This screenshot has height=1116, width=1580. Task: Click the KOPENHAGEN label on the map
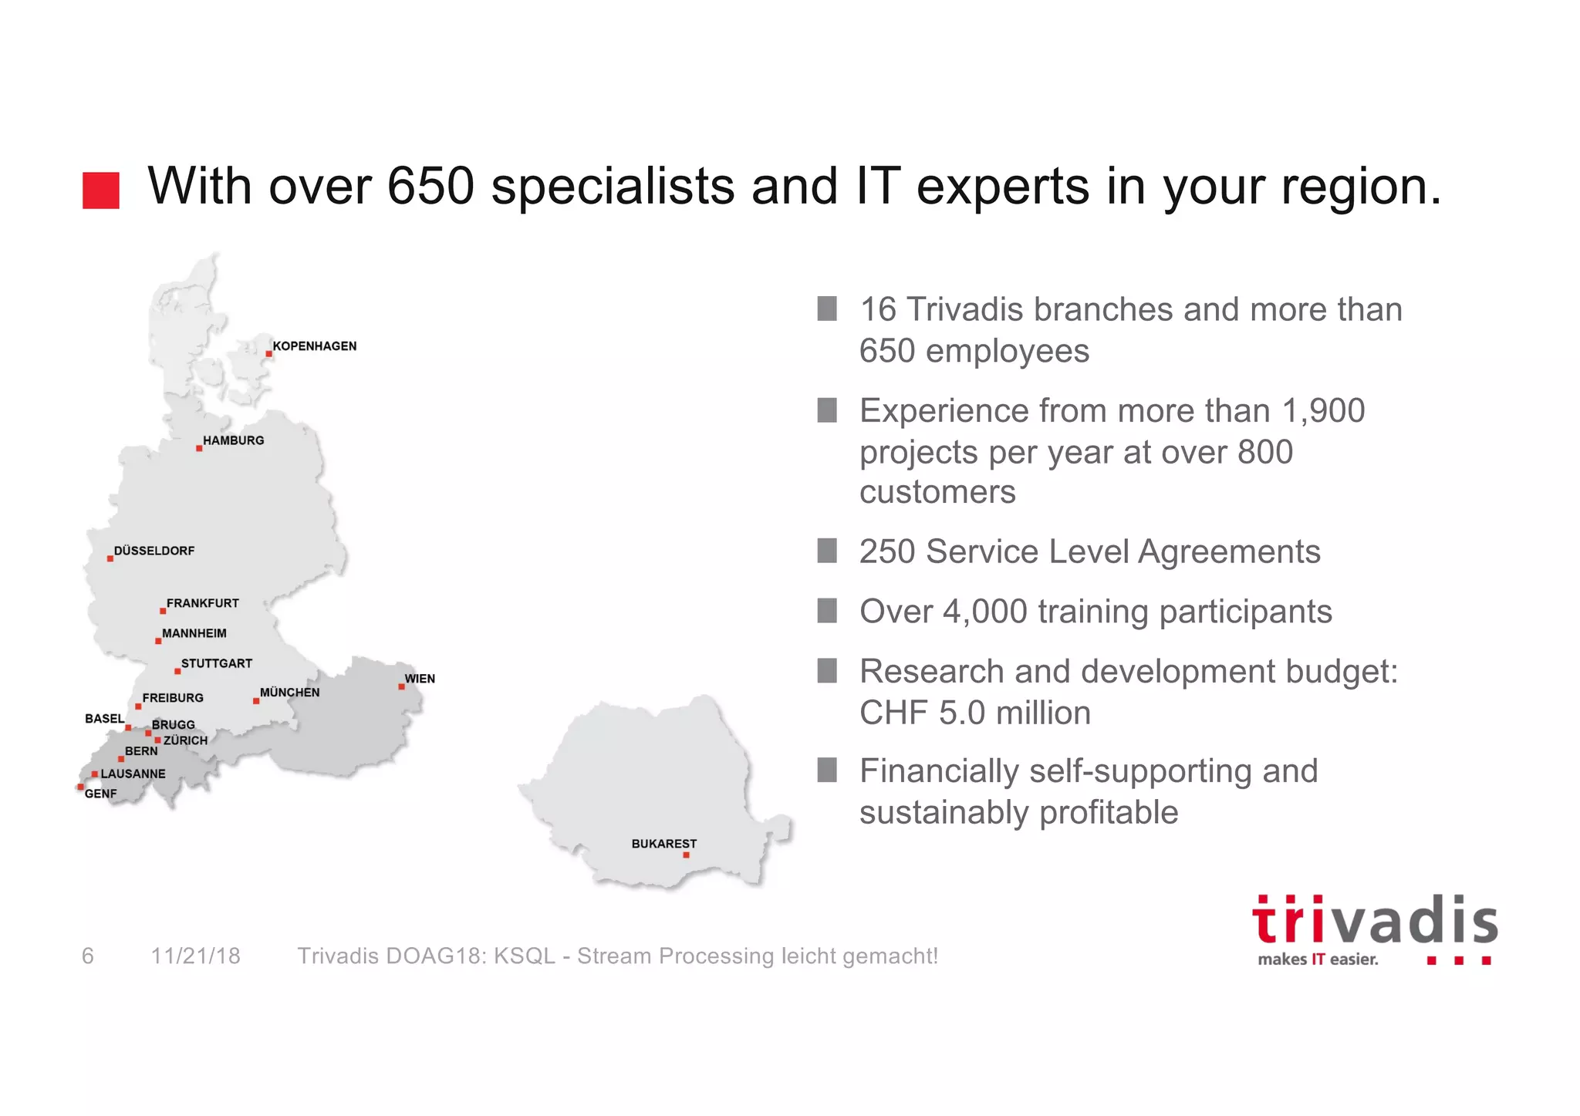(315, 346)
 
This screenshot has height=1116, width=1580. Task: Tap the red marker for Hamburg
(199, 448)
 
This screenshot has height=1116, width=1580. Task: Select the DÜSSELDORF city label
(154, 551)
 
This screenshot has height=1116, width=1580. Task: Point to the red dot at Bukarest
(686, 855)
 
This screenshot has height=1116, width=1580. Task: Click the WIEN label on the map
(420, 679)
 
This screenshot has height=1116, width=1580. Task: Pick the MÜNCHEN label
(289, 693)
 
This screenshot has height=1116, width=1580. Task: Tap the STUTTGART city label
(217, 663)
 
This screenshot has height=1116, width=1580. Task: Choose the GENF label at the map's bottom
(100, 794)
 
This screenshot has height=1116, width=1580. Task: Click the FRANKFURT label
(203, 603)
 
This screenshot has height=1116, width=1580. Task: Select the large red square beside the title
(101, 190)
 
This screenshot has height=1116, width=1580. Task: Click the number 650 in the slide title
(430, 187)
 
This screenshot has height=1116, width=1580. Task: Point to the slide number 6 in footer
(88, 956)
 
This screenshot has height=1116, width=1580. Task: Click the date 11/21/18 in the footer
(196, 956)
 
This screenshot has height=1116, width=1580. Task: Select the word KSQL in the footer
(524, 956)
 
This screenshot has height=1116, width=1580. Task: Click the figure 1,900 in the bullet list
(1323, 411)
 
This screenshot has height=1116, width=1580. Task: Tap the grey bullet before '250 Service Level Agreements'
(827, 551)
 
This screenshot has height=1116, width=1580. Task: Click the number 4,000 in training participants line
(984, 612)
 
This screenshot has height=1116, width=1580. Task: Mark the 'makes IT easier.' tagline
(1318, 959)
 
